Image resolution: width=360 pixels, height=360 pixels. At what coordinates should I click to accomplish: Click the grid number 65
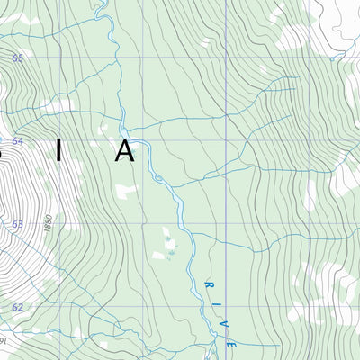click(x=17, y=58)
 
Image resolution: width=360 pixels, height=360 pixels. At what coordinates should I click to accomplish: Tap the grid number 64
click(x=17, y=140)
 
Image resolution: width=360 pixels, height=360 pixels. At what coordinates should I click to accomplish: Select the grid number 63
click(x=17, y=223)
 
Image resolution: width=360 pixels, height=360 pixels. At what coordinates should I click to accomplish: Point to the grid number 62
click(x=17, y=307)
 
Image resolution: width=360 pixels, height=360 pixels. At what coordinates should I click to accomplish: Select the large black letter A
click(x=124, y=150)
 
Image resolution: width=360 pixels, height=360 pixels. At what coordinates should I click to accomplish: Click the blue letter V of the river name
click(x=223, y=313)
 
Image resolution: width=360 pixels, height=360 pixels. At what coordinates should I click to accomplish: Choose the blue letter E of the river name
click(x=230, y=344)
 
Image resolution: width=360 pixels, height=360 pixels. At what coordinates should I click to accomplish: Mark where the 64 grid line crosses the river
click(x=145, y=140)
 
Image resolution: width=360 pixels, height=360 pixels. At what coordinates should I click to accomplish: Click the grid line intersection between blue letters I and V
click(x=222, y=307)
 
